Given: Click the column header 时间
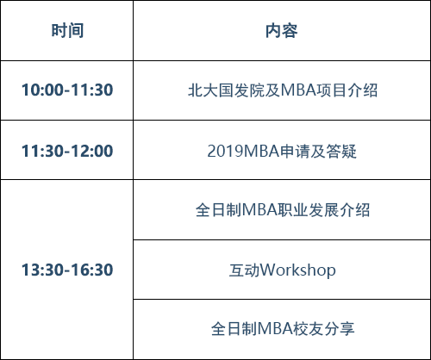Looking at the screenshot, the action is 67,30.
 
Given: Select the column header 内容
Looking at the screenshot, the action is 281,30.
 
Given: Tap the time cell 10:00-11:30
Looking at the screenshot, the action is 67,90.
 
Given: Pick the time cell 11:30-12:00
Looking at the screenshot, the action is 67,151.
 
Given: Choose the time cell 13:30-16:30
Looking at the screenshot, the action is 67,270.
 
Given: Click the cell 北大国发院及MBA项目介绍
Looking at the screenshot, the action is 283,90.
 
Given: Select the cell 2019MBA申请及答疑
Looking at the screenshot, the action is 282,151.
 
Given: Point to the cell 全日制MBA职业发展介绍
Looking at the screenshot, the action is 283,210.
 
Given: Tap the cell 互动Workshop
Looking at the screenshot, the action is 282,270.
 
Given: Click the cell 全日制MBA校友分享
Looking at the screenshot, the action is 283,329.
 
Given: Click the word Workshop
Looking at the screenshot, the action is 297,270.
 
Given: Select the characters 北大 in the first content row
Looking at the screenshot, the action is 203,90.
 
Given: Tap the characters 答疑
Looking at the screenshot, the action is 341,151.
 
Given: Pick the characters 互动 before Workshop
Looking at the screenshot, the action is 244,270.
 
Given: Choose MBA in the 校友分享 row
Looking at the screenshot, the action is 275,329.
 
